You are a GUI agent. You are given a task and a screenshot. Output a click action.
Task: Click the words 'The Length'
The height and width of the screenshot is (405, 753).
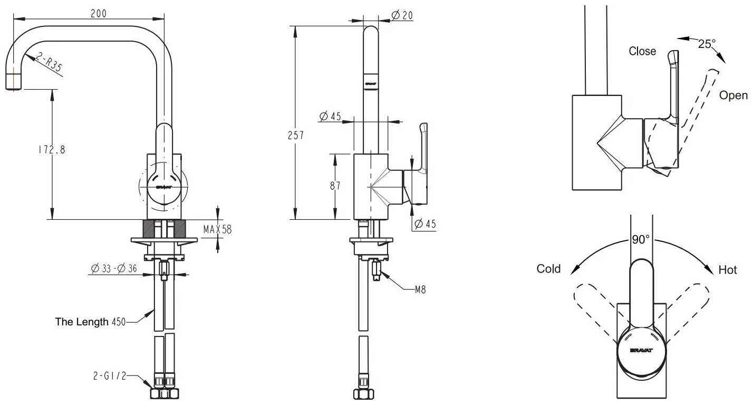click(82, 322)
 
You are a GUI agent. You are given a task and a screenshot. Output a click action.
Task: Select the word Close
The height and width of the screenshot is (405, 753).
click(642, 51)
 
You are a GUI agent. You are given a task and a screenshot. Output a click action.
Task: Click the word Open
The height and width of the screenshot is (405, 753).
click(733, 95)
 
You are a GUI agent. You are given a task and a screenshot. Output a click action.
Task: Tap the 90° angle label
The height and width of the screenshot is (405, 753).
click(641, 239)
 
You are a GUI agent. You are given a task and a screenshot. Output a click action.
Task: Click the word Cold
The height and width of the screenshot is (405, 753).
click(548, 269)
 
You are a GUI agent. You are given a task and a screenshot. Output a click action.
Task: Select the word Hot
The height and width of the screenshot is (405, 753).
click(728, 270)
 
